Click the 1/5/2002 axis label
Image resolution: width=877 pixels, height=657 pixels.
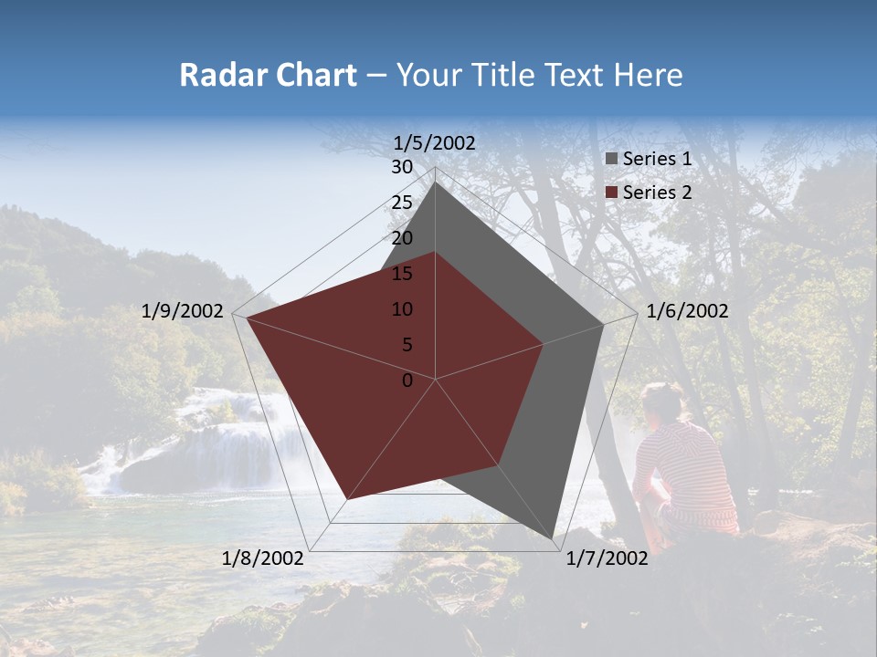435,143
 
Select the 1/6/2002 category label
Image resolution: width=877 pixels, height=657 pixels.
687,311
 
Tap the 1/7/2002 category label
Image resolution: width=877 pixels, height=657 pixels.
607,558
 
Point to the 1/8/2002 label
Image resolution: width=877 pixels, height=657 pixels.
263,558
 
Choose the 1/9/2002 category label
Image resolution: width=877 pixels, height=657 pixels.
183,311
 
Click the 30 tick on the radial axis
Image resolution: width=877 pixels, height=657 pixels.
402,167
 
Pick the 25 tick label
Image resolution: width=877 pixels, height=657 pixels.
402,203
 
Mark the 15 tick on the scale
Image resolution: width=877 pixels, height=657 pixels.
402,274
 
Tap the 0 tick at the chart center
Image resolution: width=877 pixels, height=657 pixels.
407,381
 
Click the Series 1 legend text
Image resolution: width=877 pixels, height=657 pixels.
657,159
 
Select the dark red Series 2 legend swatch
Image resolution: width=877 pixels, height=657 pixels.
612,193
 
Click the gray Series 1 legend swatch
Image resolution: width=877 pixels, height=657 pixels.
612,159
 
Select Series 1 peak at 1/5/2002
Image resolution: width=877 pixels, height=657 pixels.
435,182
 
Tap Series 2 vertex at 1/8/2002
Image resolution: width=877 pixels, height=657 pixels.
347,499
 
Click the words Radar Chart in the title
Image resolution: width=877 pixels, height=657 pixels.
268,75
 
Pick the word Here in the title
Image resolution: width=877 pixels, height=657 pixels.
649,75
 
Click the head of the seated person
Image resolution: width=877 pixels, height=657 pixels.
662,401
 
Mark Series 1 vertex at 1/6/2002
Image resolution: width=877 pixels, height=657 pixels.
603,324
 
